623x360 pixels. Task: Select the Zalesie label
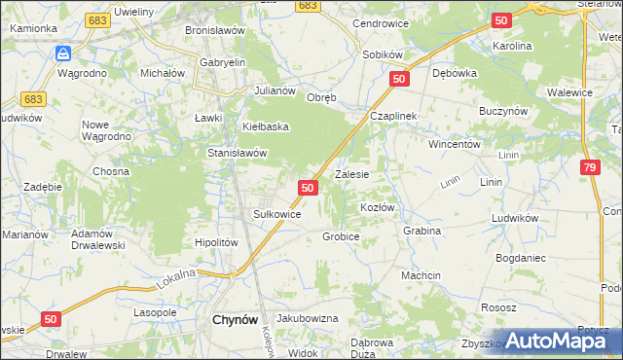351,175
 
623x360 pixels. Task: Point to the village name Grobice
341,236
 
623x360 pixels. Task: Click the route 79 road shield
588,168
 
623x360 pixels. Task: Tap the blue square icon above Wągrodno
62,54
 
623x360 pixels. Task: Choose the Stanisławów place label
238,153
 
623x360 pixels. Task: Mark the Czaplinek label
392,116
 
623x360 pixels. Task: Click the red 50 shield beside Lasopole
53,318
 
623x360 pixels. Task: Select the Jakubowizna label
307,318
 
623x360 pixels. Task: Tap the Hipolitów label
216,242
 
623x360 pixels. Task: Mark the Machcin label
421,275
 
